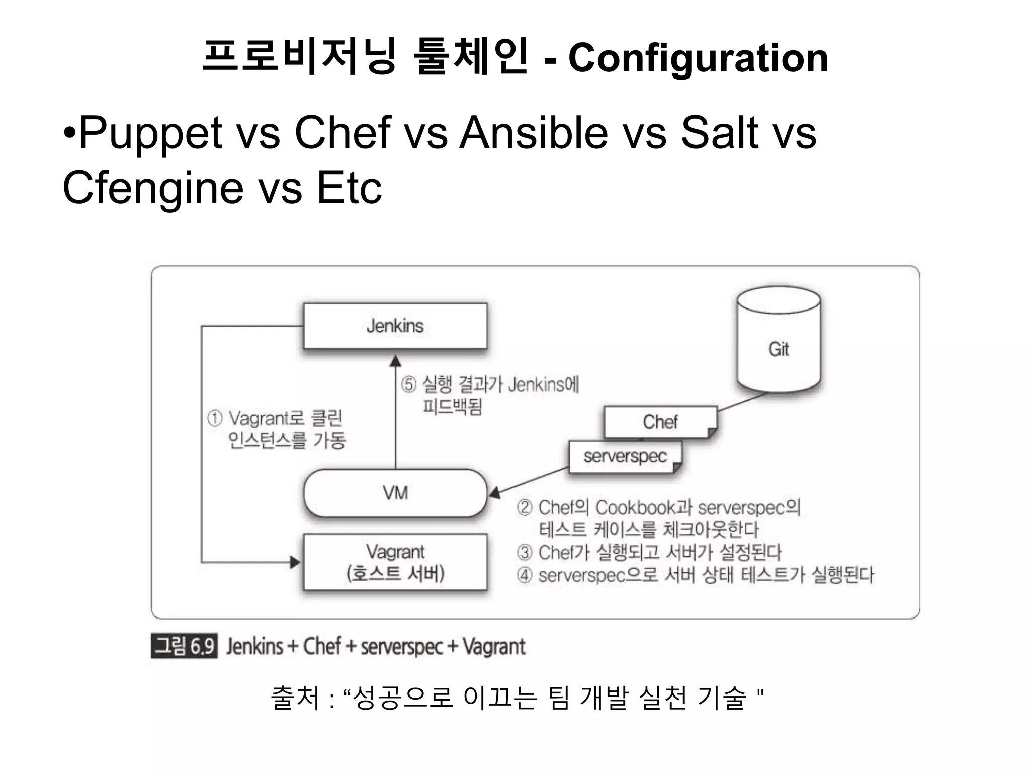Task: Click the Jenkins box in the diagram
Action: coord(395,326)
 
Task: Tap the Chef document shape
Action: coord(660,422)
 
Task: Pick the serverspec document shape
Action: coord(625,456)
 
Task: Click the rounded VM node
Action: coord(395,493)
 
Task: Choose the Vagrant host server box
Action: coord(395,562)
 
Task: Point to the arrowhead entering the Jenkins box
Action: coord(395,361)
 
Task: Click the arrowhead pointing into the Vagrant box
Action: coord(295,562)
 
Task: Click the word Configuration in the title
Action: coord(698,58)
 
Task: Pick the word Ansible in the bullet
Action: coord(534,133)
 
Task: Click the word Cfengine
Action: coord(153,188)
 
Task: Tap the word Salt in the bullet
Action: coord(719,133)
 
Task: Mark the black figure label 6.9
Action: coord(184,646)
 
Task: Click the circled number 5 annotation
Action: coord(408,385)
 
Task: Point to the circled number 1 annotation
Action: coord(215,418)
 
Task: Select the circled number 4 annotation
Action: coord(524,575)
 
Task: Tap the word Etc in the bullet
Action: coord(349,188)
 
